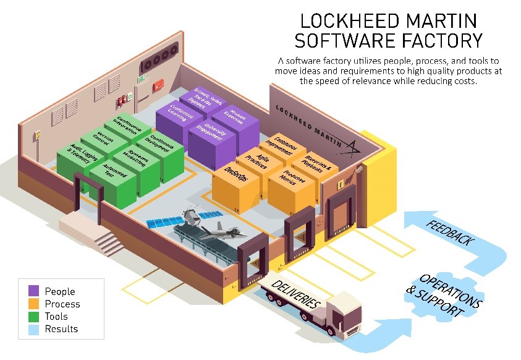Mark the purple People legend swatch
(x=33, y=291)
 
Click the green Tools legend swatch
(x=33, y=316)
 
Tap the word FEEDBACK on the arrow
(x=451, y=231)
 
